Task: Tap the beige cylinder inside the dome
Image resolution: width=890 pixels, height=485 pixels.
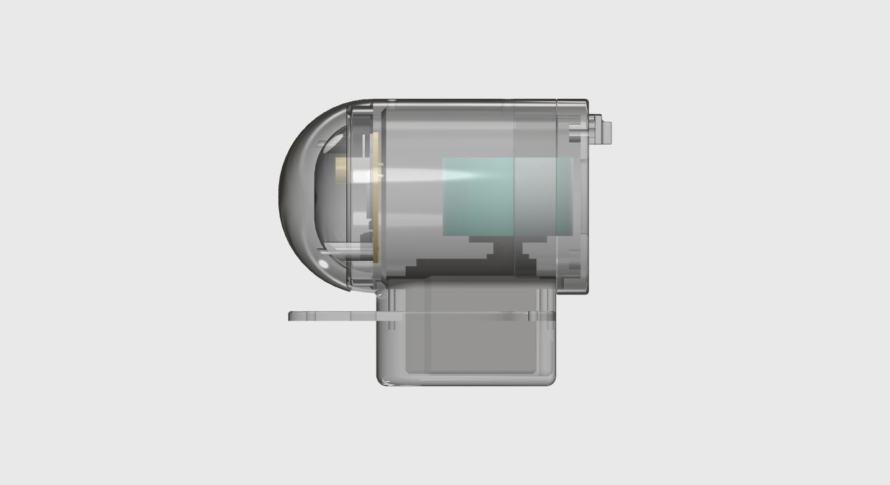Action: pyautogui.click(x=342, y=170)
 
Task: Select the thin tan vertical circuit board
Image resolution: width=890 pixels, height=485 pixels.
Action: pyautogui.click(x=375, y=199)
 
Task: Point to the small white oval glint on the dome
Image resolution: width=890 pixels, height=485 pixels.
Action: pyautogui.click(x=323, y=265)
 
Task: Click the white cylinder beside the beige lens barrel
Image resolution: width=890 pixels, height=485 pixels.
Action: pyautogui.click(x=362, y=176)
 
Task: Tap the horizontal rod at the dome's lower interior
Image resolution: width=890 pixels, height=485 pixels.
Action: pyautogui.click(x=345, y=251)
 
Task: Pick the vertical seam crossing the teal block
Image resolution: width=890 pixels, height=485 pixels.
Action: pyautogui.click(x=515, y=196)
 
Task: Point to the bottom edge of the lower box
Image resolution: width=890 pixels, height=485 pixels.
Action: pyautogui.click(x=466, y=384)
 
